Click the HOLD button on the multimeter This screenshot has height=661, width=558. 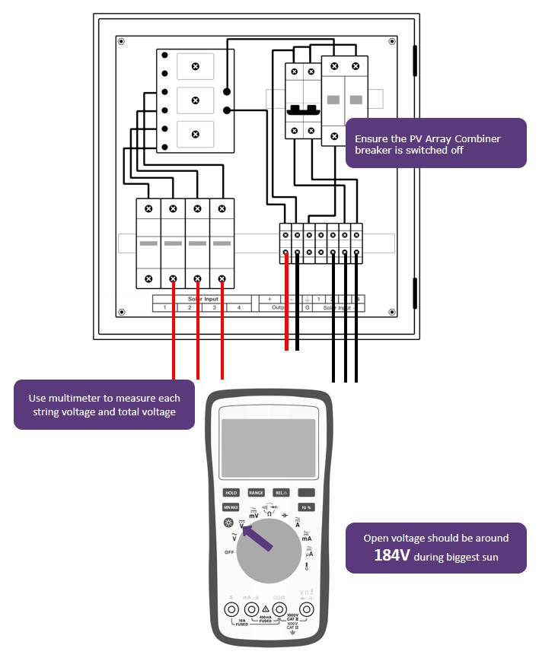point(231,493)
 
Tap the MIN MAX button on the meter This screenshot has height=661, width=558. point(231,507)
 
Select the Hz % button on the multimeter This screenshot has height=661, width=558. point(306,507)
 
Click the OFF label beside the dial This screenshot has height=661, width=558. point(229,551)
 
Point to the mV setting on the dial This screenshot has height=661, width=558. point(253,515)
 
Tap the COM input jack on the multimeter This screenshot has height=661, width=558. point(281,610)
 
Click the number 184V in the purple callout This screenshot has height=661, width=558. point(392,555)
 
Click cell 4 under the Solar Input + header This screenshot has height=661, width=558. point(239,307)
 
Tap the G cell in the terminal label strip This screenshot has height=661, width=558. point(307,307)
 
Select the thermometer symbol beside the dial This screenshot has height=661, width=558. point(306,566)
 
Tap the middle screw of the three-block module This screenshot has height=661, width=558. point(196,100)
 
